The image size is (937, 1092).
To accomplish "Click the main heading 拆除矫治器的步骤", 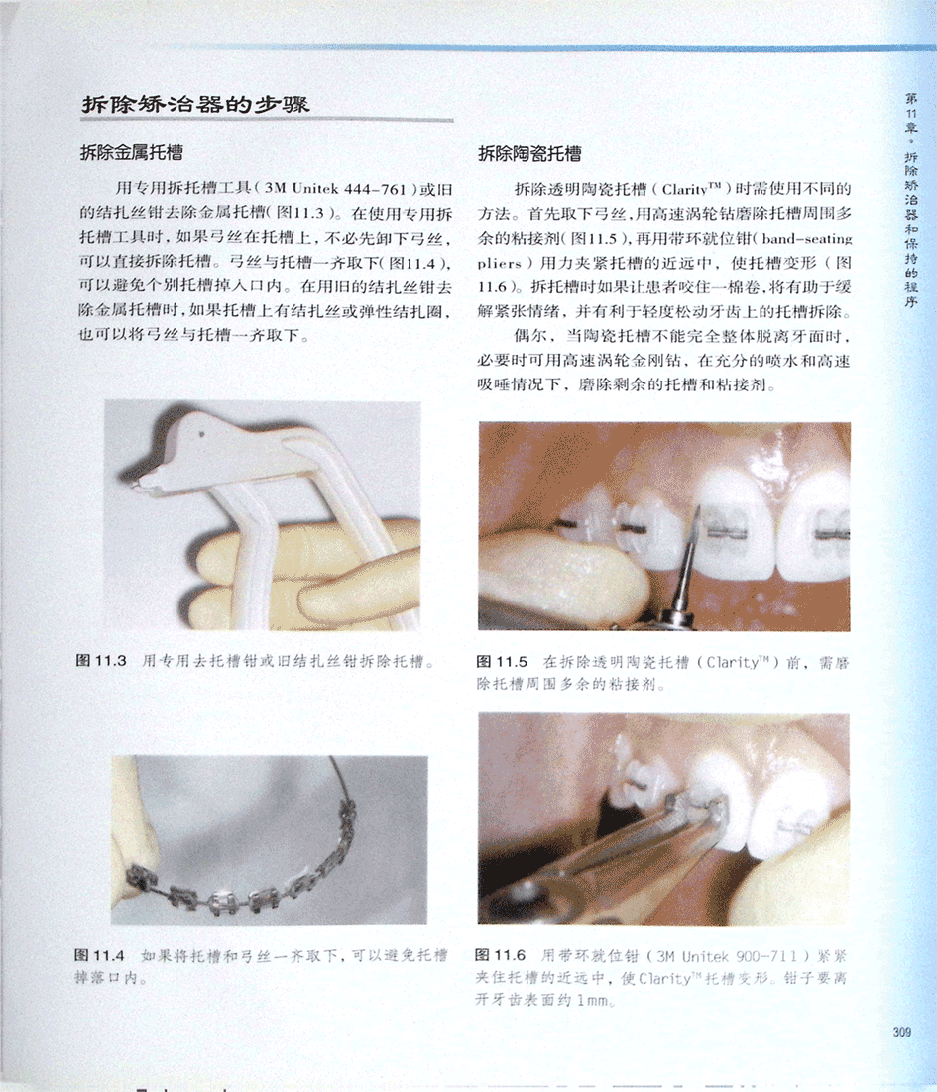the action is point(195,105).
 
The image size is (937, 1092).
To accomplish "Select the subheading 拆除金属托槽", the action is point(132,152).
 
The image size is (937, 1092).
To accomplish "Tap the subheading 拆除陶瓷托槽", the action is point(529,154).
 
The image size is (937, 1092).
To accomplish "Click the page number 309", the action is point(902,1032).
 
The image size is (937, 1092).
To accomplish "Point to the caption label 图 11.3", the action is point(101,660).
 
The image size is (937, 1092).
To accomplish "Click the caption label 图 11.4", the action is point(99,955).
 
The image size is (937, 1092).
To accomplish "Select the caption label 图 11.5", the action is point(502,662).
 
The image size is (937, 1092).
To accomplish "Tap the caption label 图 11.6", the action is point(500,955).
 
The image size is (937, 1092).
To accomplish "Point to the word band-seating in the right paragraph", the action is point(807,238).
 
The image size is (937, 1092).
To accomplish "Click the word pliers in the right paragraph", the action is point(500,264).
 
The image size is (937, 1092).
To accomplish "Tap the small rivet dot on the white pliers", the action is point(202,434).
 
